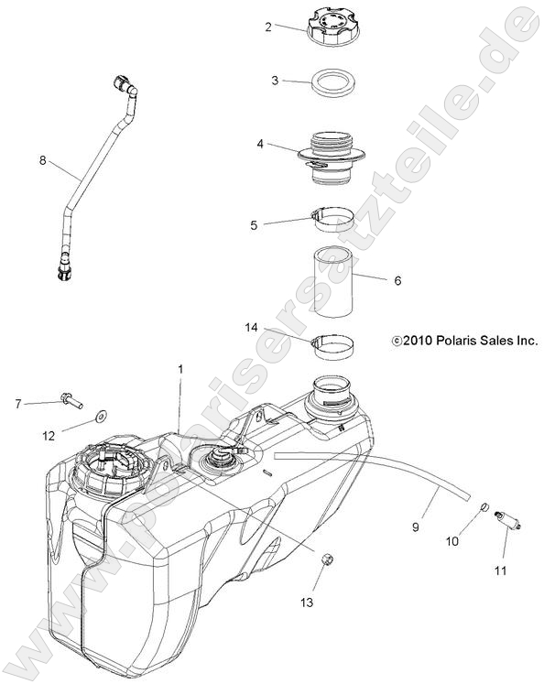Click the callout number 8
42,160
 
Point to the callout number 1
180,369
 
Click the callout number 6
397,281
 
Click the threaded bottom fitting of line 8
61,269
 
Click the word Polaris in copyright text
455,340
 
